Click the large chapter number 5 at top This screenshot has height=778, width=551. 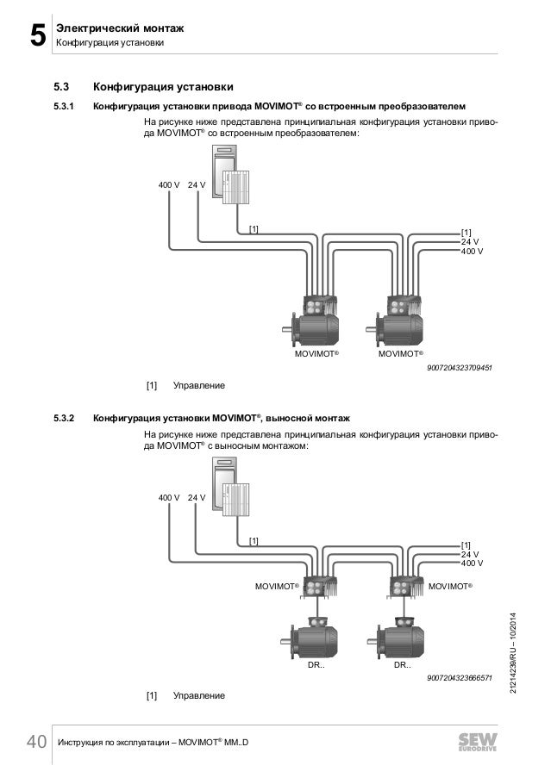tap(35, 35)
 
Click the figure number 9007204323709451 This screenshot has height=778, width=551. tap(459, 367)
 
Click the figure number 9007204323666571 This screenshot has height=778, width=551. tap(459, 679)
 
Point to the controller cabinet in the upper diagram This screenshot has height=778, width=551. tap(227, 177)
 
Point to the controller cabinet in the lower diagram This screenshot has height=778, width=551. tap(227, 488)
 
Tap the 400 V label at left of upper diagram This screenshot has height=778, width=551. tap(168, 185)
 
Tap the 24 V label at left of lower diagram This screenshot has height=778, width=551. tap(197, 497)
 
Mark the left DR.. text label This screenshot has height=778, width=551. tap(316, 666)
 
